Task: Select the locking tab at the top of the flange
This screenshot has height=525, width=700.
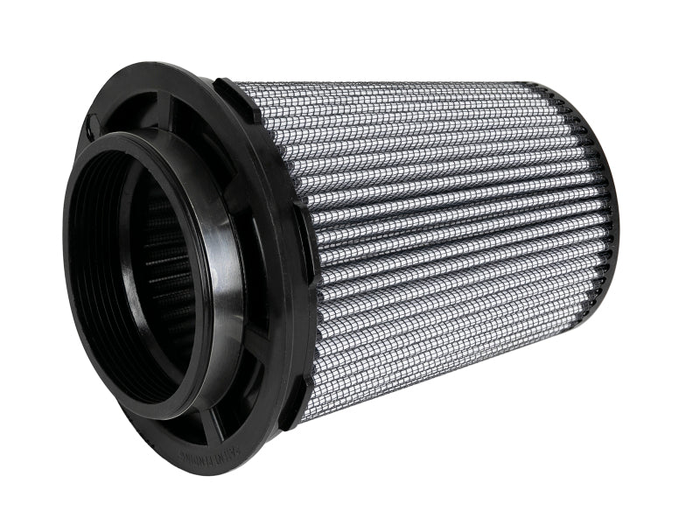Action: tap(236, 95)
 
